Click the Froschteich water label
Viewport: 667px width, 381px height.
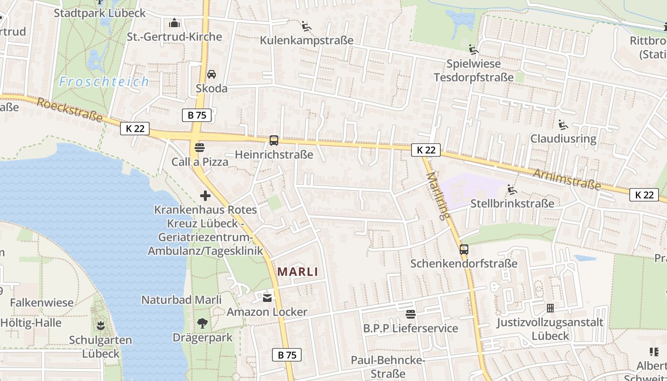(x=104, y=82)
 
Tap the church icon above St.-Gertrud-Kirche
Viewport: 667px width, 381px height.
(x=175, y=23)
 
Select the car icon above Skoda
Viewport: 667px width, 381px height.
(x=212, y=74)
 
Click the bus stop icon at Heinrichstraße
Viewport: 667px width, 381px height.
(x=274, y=140)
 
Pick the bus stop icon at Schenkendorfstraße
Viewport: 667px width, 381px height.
(x=464, y=249)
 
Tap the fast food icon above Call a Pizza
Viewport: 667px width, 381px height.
(x=200, y=147)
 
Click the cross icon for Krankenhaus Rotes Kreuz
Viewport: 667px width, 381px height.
(x=205, y=196)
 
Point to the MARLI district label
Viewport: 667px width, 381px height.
(x=297, y=272)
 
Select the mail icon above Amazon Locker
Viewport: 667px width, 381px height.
(x=267, y=298)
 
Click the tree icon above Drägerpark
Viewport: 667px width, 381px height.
(x=202, y=323)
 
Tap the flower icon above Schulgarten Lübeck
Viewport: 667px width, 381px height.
(x=101, y=326)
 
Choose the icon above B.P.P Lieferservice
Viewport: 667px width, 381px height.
(x=411, y=314)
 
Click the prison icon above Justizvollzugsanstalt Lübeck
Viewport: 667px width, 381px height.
(x=550, y=308)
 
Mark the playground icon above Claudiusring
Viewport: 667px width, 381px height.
(x=563, y=125)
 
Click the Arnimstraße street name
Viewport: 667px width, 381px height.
(x=566, y=179)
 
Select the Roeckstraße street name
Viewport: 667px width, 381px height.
(x=70, y=110)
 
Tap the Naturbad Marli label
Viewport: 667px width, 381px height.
(x=182, y=300)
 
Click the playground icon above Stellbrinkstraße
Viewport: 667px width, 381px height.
(x=512, y=190)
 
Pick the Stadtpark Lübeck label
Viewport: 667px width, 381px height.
(x=100, y=13)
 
